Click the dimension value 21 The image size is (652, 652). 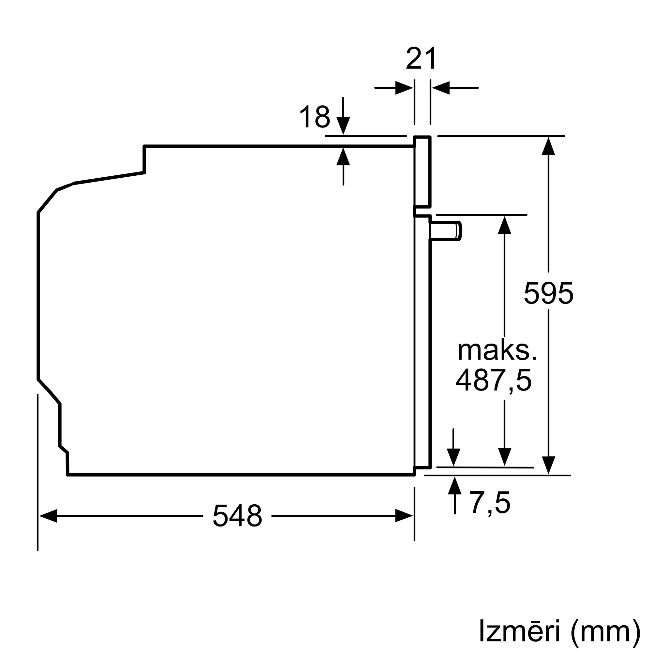[421, 59]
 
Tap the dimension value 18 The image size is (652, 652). [315, 117]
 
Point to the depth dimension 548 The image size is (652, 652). [237, 516]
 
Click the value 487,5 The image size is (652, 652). [494, 381]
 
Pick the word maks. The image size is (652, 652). [497, 351]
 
